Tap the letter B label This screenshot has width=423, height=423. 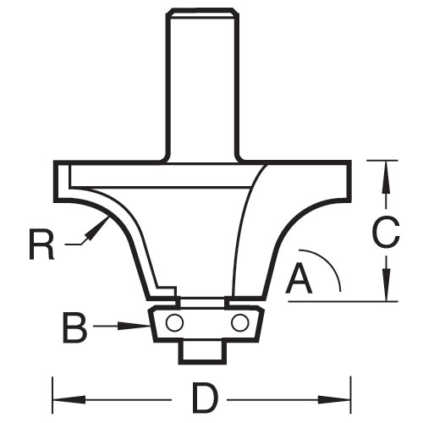click(x=74, y=327)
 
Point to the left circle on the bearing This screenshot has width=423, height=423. click(x=175, y=322)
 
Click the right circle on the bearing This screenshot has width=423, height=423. click(x=240, y=322)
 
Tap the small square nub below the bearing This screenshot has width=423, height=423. click(x=202, y=352)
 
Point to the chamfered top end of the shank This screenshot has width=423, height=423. click(x=203, y=14)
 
